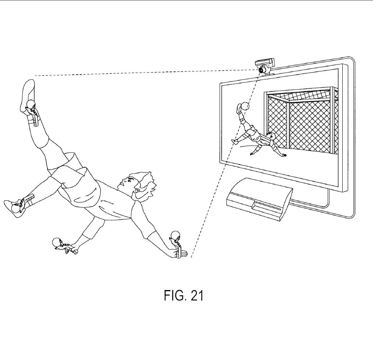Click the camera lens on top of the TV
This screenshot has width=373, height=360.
[x=262, y=70]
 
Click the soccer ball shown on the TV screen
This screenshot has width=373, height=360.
[x=245, y=106]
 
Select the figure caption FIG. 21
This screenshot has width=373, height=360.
[x=183, y=295]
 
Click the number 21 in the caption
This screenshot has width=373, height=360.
[x=197, y=295]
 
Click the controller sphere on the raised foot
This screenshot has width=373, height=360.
[x=31, y=104]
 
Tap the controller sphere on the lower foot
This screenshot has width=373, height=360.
[x=16, y=209]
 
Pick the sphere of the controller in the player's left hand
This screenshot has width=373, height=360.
[x=175, y=235]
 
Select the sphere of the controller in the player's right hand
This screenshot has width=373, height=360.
[x=57, y=242]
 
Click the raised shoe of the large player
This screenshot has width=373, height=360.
[x=28, y=97]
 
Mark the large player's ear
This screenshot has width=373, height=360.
[x=136, y=190]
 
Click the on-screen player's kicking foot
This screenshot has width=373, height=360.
[x=238, y=109]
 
